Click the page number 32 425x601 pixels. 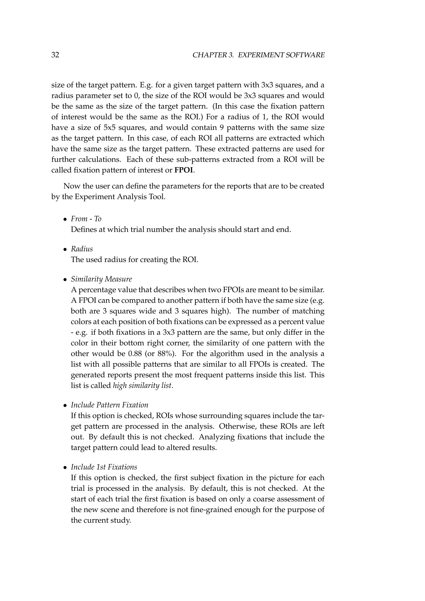pyautogui.click(x=55, y=55)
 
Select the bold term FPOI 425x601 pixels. pyautogui.click(x=184, y=170)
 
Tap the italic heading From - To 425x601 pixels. pyautogui.click(x=86, y=219)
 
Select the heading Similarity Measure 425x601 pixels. pyautogui.click(x=101, y=279)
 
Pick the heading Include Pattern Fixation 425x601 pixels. pyautogui.click(x=109, y=405)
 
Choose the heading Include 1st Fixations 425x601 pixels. pyautogui.click(x=104, y=467)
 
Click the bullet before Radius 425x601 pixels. pyautogui.click(x=65, y=249)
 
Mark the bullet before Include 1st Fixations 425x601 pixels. pyautogui.click(x=65, y=468)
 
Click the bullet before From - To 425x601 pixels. pyautogui.click(x=65, y=219)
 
